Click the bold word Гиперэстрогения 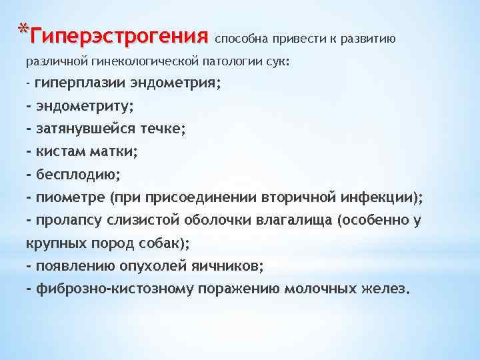pyautogui.click(x=120, y=34)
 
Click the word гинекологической pyautogui.click(x=141, y=61)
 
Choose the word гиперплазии pyautogui.click(x=71, y=84)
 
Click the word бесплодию pyautogui.click(x=77, y=175)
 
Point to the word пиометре pyautogui.click(x=69, y=197)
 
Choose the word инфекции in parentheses pyautogui.click(x=377, y=197)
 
